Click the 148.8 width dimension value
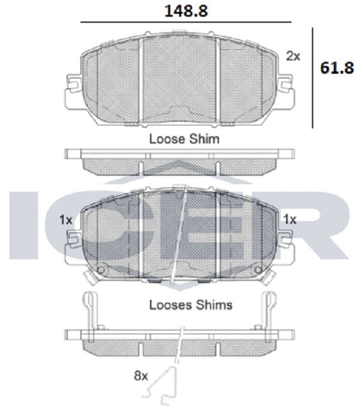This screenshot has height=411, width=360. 186,11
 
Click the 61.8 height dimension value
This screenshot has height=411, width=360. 337,68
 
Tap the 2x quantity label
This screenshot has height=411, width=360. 293,56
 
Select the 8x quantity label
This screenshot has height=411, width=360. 141,376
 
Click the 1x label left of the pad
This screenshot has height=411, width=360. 65,220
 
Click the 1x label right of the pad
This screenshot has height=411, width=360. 290,219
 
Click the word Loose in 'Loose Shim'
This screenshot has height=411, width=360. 167,139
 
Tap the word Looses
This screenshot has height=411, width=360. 170,305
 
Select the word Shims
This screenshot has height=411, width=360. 214,305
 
